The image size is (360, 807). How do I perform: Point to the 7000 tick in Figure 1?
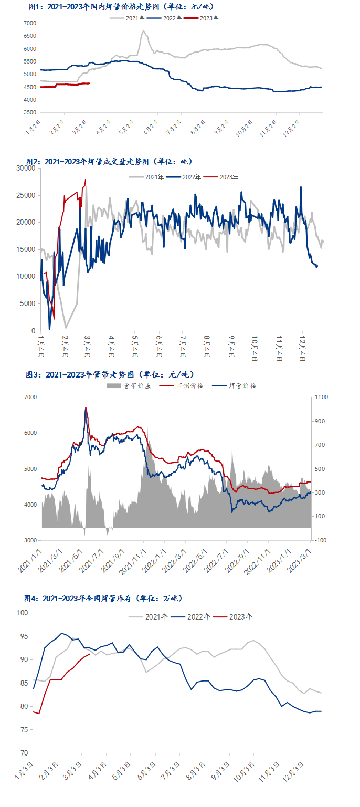(x=30, y=24)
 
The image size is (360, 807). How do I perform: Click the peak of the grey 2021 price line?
(x=143, y=30)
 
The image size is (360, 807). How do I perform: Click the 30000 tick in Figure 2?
(x=25, y=168)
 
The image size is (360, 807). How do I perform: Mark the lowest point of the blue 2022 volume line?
(x=50, y=329)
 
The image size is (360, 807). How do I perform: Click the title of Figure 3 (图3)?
(x=110, y=374)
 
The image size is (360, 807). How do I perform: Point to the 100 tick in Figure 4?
(x=23, y=613)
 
